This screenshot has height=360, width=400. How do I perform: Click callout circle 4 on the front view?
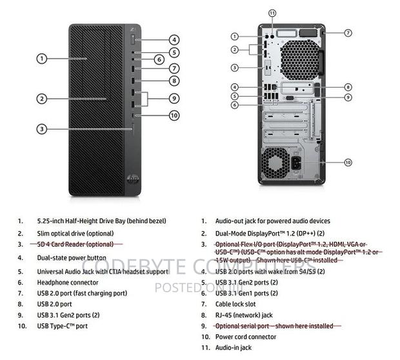(174, 40)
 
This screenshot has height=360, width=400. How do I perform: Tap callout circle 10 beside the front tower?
(174, 115)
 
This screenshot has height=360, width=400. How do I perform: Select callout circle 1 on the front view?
(41, 59)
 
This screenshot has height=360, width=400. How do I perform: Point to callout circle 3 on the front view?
(41, 129)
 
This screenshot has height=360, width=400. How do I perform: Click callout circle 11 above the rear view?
(272, 13)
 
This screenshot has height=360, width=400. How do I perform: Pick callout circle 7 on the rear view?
(348, 32)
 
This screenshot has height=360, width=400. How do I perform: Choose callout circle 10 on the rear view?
(348, 162)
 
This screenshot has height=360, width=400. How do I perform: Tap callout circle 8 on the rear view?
(348, 86)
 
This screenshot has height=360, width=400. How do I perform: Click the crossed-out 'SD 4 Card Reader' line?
(74, 245)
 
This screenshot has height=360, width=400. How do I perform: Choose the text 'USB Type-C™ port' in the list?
(62, 326)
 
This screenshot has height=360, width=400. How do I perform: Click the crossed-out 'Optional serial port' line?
(274, 326)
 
